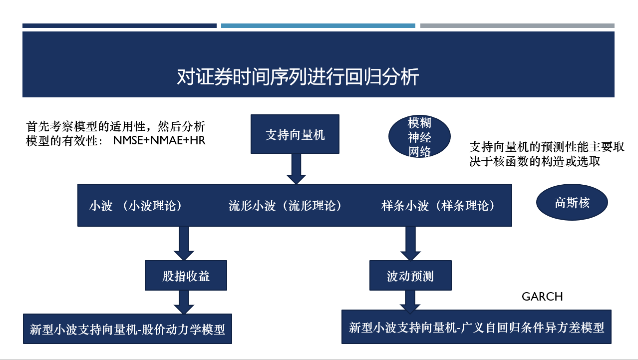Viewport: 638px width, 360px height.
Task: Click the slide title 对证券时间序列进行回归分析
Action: [298, 77]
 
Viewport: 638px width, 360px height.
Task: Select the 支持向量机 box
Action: [295, 134]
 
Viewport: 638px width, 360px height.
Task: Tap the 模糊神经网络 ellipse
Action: [419, 137]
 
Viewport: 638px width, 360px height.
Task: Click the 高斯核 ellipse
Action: [572, 203]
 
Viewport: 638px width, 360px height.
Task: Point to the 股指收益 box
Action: [186, 276]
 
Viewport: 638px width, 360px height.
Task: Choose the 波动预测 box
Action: [410, 276]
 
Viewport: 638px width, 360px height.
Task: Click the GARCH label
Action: [542, 297]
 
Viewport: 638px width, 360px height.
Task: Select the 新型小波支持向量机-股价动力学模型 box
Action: [127, 329]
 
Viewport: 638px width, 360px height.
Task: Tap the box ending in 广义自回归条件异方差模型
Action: [476, 327]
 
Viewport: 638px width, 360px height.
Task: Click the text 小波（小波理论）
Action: [135, 206]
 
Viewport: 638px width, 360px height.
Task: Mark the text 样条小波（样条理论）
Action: [440, 206]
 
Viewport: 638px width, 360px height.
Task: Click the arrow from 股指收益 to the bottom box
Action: [184, 302]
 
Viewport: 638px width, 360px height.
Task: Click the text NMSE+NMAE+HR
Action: [159, 141]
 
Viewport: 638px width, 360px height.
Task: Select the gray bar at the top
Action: [517, 25]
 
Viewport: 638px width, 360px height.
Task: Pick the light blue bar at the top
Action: [318, 25]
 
